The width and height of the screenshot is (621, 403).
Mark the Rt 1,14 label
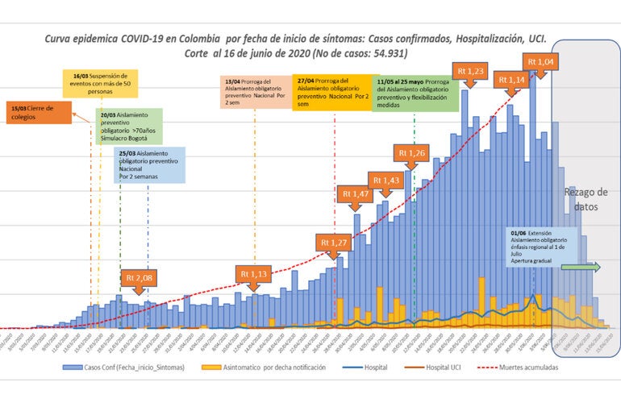511,79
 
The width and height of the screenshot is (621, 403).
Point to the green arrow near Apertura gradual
579,268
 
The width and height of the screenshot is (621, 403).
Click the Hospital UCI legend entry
451,367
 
